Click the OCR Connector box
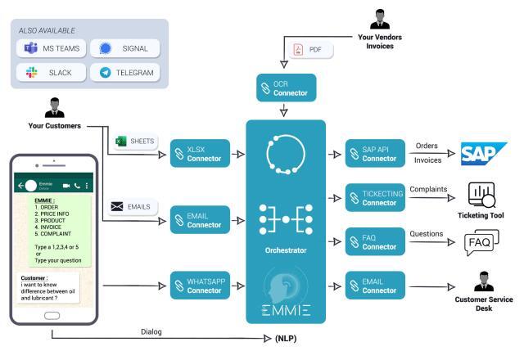tap(286, 88)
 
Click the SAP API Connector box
tap(373, 154)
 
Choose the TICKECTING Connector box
tap(373, 198)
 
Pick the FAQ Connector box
tap(373, 242)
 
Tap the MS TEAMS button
tap(51, 48)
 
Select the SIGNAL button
tap(124, 48)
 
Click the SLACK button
tap(51, 73)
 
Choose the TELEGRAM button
tap(124, 73)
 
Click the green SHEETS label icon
tap(119, 142)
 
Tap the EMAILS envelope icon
tap(117, 206)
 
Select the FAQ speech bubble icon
tap(482, 243)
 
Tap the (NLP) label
tap(286, 336)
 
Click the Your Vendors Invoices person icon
tap(380, 18)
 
